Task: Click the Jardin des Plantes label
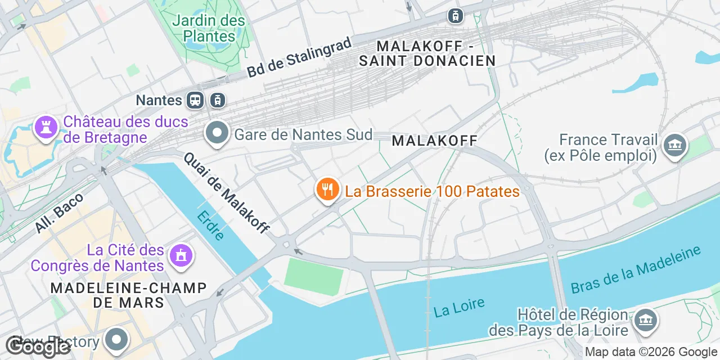209,29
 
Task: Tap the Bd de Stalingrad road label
299,57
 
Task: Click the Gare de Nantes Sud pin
217,134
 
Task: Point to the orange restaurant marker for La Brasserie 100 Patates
327,190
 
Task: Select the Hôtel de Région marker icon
645,320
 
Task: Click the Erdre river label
211,226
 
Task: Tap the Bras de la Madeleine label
636,269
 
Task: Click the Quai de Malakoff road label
226,193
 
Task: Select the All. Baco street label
59,213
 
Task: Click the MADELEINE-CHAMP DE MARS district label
129,295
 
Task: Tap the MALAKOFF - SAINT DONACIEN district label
427,53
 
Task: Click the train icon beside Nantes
196,100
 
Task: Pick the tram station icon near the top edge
455,16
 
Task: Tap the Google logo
38,347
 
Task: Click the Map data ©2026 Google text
651,352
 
